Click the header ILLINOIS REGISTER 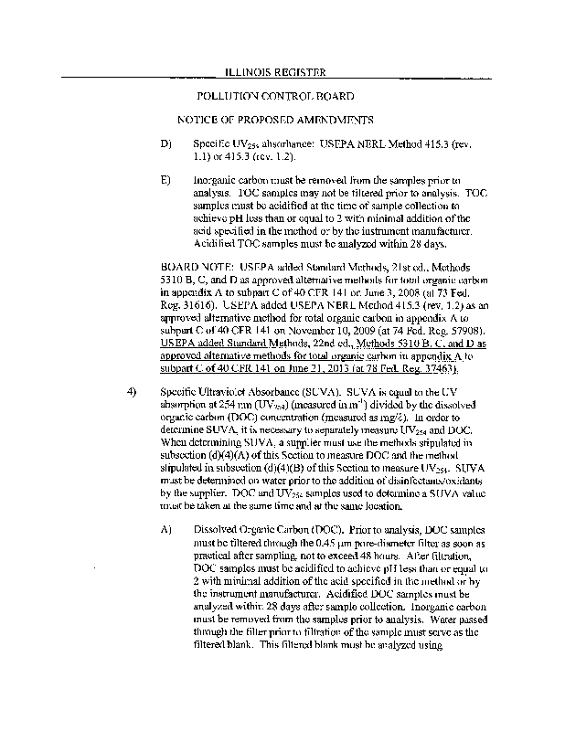click(274, 72)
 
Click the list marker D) click(165, 144)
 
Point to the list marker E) click(165, 180)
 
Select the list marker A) click(165, 530)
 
